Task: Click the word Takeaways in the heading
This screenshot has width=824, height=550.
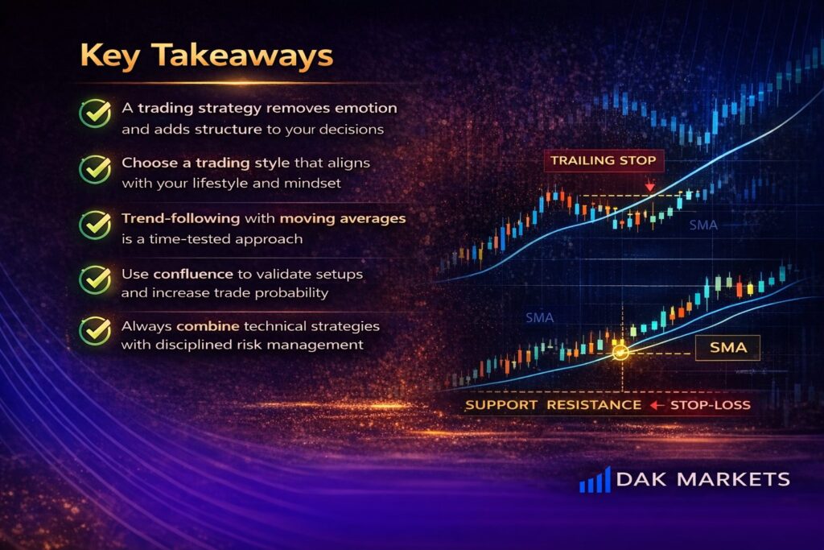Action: point(242,56)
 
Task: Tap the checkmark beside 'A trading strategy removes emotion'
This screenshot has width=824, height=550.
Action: point(95,113)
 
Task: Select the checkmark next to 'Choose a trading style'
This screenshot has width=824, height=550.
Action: point(95,169)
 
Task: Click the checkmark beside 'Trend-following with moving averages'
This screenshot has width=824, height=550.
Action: point(95,225)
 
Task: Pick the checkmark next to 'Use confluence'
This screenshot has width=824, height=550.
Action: point(95,279)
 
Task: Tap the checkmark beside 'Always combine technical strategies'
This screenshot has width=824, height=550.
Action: point(95,330)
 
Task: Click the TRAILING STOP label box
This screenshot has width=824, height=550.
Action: point(604,160)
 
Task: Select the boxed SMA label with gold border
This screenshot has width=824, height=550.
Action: point(727,348)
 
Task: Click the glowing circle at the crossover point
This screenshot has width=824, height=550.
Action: point(620,352)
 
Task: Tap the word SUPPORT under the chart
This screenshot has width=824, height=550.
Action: point(501,405)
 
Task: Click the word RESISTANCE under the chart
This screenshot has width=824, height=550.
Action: point(594,405)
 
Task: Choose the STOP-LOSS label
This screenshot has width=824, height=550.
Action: point(711,405)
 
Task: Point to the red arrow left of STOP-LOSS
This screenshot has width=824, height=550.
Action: point(657,405)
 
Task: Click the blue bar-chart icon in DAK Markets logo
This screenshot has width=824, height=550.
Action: point(595,480)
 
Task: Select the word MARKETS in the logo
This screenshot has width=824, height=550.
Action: point(734,480)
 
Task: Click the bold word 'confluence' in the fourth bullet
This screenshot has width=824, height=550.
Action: point(193,274)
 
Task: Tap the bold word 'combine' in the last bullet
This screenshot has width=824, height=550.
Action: point(208,326)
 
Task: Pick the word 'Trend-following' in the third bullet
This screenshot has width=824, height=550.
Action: point(181,218)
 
